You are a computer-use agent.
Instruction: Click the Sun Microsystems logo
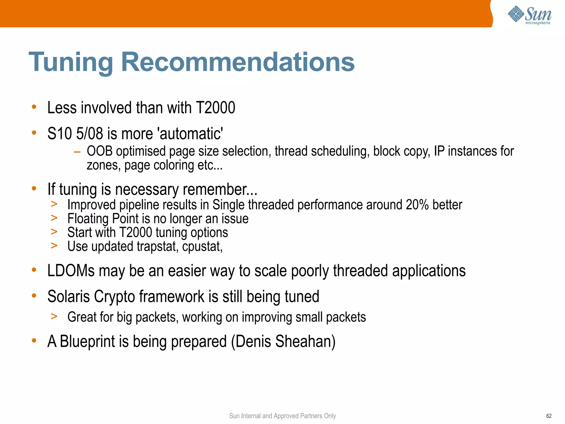click(529, 15)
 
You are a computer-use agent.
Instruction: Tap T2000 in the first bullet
click(215, 107)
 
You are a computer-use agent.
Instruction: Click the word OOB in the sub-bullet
click(100, 151)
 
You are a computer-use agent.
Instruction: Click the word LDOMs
click(71, 271)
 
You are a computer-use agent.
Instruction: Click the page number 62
click(549, 416)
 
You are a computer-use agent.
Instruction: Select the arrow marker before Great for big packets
click(54, 316)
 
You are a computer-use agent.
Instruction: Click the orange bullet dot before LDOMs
click(34, 270)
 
